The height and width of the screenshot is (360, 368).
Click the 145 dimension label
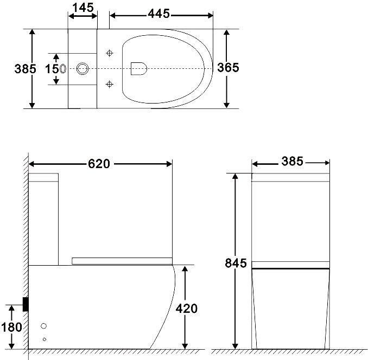[83, 8]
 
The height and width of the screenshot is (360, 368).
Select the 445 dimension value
[159, 13]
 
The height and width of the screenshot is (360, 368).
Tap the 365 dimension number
[228, 68]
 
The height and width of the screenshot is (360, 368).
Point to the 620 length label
[99, 163]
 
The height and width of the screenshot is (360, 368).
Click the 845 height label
[236, 263]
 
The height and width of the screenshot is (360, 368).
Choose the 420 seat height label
[186, 308]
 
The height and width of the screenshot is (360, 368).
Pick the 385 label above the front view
[292, 162]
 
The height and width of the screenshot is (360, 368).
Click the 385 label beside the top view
[26, 69]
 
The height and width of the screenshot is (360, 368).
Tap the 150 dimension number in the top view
[53, 69]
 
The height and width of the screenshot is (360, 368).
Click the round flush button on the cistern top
[83, 68]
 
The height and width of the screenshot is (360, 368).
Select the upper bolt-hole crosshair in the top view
[110, 53]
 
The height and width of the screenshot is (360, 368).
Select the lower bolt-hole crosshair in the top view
[110, 83]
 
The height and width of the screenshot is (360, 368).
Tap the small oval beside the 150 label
[63, 69]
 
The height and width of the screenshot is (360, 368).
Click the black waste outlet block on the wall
[25, 304]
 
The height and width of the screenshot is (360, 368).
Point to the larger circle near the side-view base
[45, 326]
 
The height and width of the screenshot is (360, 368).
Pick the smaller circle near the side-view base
[45, 339]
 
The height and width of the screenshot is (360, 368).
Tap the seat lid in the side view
[122, 261]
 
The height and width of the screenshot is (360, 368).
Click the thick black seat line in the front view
[291, 268]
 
